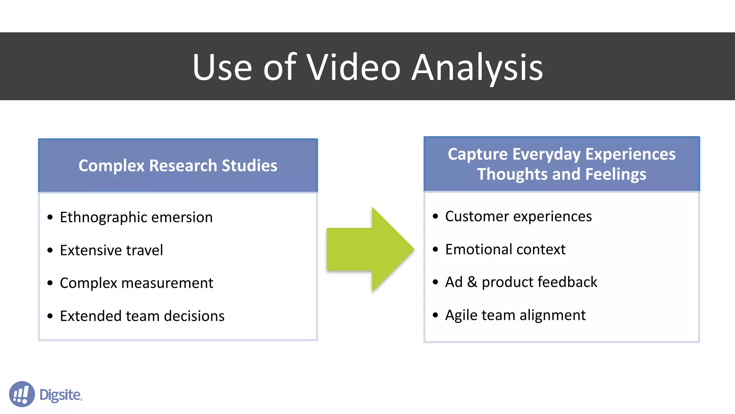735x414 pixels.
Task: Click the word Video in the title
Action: (353, 67)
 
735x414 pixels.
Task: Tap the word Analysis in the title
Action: (477, 67)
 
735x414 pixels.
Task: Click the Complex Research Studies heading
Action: (178, 166)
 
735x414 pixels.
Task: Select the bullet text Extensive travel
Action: (111, 250)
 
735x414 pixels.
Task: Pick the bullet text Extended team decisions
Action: (142, 316)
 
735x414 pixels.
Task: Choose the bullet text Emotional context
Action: (505, 249)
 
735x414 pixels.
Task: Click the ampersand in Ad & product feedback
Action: (472, 282)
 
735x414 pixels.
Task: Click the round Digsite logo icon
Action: (22, 394)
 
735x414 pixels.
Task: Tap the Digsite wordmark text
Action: (61, 395)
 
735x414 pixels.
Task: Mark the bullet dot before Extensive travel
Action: (50, 250)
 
